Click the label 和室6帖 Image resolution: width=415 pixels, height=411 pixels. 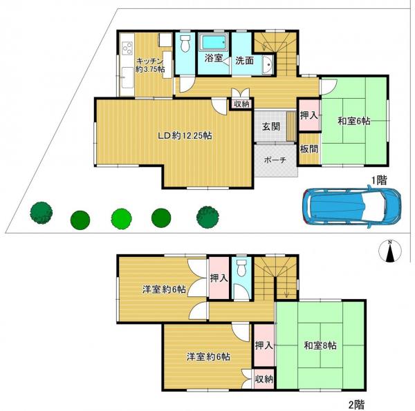coord(353,121)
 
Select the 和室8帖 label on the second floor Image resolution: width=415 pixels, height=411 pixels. coord(320,345)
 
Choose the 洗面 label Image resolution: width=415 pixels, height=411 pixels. coord(243,60)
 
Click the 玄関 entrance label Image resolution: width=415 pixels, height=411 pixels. coord(270,126)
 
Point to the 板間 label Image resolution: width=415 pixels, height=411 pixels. coord(308,148)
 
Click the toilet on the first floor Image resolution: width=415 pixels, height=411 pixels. coord(184,46)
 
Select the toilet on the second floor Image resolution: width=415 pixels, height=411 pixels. coord(241,269)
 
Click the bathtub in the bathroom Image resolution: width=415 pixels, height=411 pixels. coord(214,44)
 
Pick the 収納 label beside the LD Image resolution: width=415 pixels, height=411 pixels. coord(241,104)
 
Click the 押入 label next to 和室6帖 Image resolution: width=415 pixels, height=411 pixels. coord(308,115)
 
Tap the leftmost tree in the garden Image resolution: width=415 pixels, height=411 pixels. coord(41,211)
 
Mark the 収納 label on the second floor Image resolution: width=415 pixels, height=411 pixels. coord(264,379)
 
